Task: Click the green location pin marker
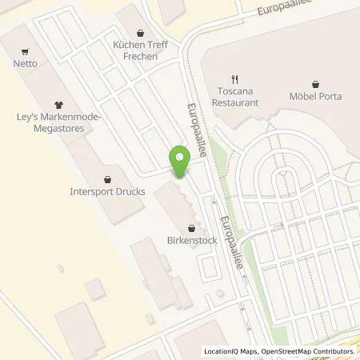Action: pos(181,162)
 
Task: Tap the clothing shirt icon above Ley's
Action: pos(58,104)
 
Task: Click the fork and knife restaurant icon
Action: pos(235,79)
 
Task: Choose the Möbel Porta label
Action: pos(315,97)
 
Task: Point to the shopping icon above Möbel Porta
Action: pos(315,83)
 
